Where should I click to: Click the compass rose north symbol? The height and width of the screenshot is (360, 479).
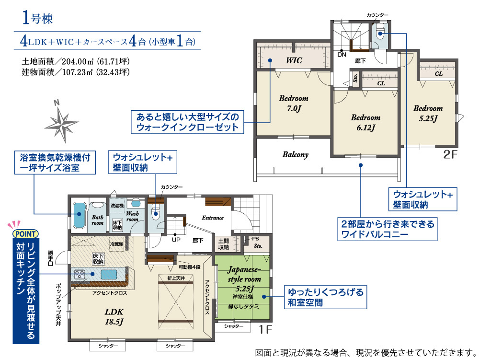coord(62,122)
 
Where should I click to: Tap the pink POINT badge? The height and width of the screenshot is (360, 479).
coord(26,234)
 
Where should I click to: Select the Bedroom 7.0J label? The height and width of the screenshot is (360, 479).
coord(294,103)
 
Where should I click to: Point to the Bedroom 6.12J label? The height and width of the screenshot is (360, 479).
coord(365,122)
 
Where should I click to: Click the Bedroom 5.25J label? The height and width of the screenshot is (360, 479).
coord(428,113)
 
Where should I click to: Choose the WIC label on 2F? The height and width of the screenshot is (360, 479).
coord(294,60)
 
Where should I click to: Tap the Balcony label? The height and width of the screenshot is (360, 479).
coord(296,155)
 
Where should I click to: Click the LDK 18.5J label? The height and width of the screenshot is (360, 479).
coord(114,316)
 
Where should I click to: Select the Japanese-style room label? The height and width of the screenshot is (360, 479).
coord(244,274)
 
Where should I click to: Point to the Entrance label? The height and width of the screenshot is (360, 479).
coord(213,218)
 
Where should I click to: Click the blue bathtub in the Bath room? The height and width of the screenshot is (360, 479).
coord(79,215)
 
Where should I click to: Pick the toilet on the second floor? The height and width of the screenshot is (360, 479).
coord(380,33)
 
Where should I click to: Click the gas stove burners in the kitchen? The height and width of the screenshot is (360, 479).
coord(80,274)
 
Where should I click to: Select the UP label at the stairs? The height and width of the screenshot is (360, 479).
coord(176,240)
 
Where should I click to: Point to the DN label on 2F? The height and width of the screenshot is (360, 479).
coord(342,55)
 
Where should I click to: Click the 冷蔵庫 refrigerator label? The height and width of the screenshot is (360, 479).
coord(116,244)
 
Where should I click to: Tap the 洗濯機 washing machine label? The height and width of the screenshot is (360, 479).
coord(117,206)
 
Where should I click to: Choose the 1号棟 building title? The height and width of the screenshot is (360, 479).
coord(37,18)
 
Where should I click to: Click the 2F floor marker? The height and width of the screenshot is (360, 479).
coord(450,154)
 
